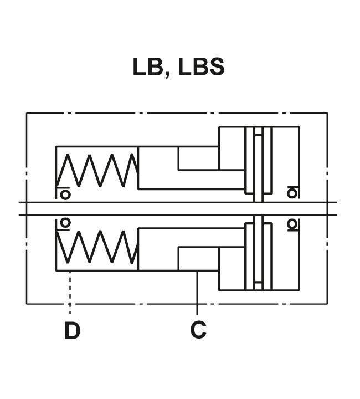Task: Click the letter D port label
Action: click(72, 330)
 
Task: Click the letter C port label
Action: click(198, 330)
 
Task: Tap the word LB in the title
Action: click(147, 66)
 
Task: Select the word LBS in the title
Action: click(202, 66)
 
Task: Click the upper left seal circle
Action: click(65, 195)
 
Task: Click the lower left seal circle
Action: click(65, 223)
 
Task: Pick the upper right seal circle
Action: click(292, 193)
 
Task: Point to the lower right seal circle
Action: click(292, 224)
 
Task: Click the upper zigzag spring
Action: click(97, 170)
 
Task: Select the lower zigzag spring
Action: click(97, 247)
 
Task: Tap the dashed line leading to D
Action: click(70, 293)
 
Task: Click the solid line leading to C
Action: click(197, 293)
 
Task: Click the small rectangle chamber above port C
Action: click(198, 259)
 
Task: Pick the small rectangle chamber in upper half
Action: click(198, 158)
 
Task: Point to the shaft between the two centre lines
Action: click(178, 209)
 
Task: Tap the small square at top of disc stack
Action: click(258, 131)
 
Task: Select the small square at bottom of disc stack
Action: click(258, 286)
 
